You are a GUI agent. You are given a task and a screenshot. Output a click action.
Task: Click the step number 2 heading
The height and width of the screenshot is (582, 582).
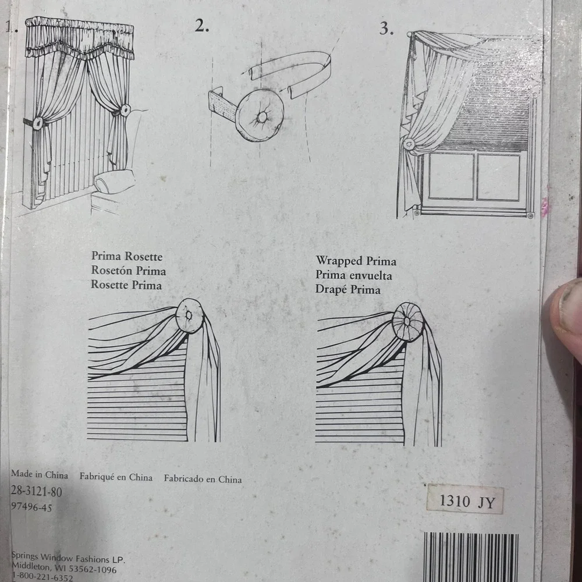pos(202,26)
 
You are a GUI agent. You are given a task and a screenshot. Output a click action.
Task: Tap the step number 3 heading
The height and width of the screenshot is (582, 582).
pos(386,28)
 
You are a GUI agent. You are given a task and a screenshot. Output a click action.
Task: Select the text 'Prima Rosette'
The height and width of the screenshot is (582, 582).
pos(127,256)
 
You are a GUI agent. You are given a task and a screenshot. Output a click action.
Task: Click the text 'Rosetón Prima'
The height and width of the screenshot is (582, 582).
pos(129,270)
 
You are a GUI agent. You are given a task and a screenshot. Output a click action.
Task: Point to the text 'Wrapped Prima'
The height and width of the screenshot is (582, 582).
pos(356,261)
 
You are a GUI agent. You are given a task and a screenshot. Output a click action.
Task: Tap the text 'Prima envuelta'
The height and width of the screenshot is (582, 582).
pos(354,275)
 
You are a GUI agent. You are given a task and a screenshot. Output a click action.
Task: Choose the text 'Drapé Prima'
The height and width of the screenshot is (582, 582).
pos(348,289)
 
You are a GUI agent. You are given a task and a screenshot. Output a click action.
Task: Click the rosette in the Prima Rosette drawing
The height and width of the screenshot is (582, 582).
pos(189,316)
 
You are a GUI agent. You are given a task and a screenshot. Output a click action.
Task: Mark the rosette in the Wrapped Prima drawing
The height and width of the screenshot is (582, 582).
pos(407,322)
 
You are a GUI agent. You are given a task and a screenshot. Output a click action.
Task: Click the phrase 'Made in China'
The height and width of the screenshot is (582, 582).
pos(40,474)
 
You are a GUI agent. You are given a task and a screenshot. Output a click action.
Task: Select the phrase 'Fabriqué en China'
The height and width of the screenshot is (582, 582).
pos(116,477)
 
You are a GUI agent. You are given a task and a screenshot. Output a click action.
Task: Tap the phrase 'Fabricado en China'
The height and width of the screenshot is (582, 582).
pos(203,479)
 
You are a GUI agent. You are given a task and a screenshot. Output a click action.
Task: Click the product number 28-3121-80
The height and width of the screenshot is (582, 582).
pos(36,491)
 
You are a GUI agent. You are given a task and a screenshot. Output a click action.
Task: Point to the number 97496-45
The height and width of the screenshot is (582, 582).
pos(31,507)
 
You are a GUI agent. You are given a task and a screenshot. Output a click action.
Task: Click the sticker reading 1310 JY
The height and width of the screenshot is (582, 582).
pos(466,499)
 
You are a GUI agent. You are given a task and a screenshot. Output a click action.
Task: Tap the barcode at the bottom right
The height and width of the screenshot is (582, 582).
pos(471,557)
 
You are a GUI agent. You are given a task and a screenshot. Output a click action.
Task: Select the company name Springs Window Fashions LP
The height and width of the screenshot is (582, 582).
pos(68,558)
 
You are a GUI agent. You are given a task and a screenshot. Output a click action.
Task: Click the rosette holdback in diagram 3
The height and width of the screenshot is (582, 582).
pos(409,144)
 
